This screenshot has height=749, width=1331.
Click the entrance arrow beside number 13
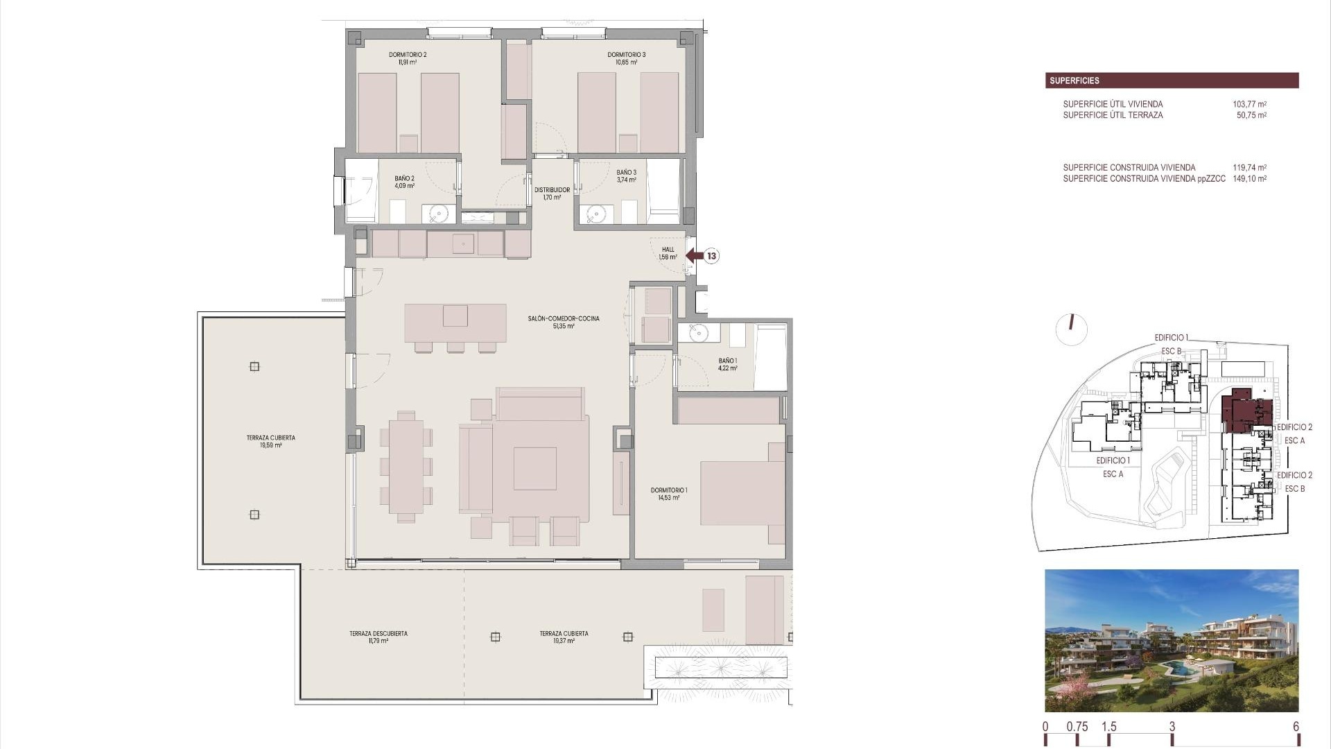[x=694, y=256]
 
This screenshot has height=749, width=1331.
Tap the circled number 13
[x=711, y=256]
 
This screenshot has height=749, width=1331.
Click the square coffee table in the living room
[x=534, y=469]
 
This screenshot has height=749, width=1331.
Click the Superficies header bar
[x=1172, y=80]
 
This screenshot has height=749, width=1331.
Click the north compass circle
[x=1071, y=329]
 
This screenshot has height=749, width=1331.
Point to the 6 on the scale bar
[x=1296, y=727]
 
